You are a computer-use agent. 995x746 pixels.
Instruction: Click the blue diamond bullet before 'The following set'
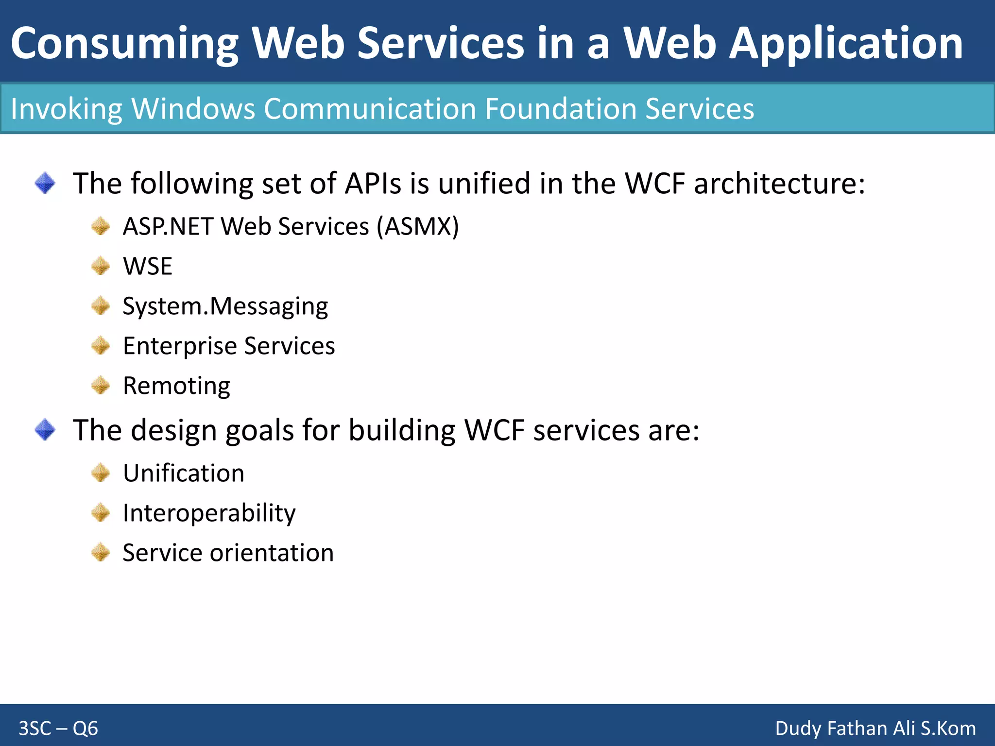[x=45, y=183]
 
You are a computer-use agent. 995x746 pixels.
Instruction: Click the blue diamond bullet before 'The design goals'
[x=45, y=430]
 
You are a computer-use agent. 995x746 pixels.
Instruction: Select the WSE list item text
[x=148, y=266]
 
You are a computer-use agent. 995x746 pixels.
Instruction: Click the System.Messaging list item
[x=225, y=306]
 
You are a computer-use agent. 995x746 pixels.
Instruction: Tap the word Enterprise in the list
[x=179, y=346]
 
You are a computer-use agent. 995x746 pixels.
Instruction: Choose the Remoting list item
[x=176, y=386]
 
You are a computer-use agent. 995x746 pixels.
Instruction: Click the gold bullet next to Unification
[x=101, y=473]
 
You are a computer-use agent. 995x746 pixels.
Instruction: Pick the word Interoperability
[x=209, y=513]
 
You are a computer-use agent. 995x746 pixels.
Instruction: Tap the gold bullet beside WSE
[x=101, y=266]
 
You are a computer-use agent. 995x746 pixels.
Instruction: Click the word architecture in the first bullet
[x=779, y=184]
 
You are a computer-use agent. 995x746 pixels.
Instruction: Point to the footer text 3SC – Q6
[x=58, y=729]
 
